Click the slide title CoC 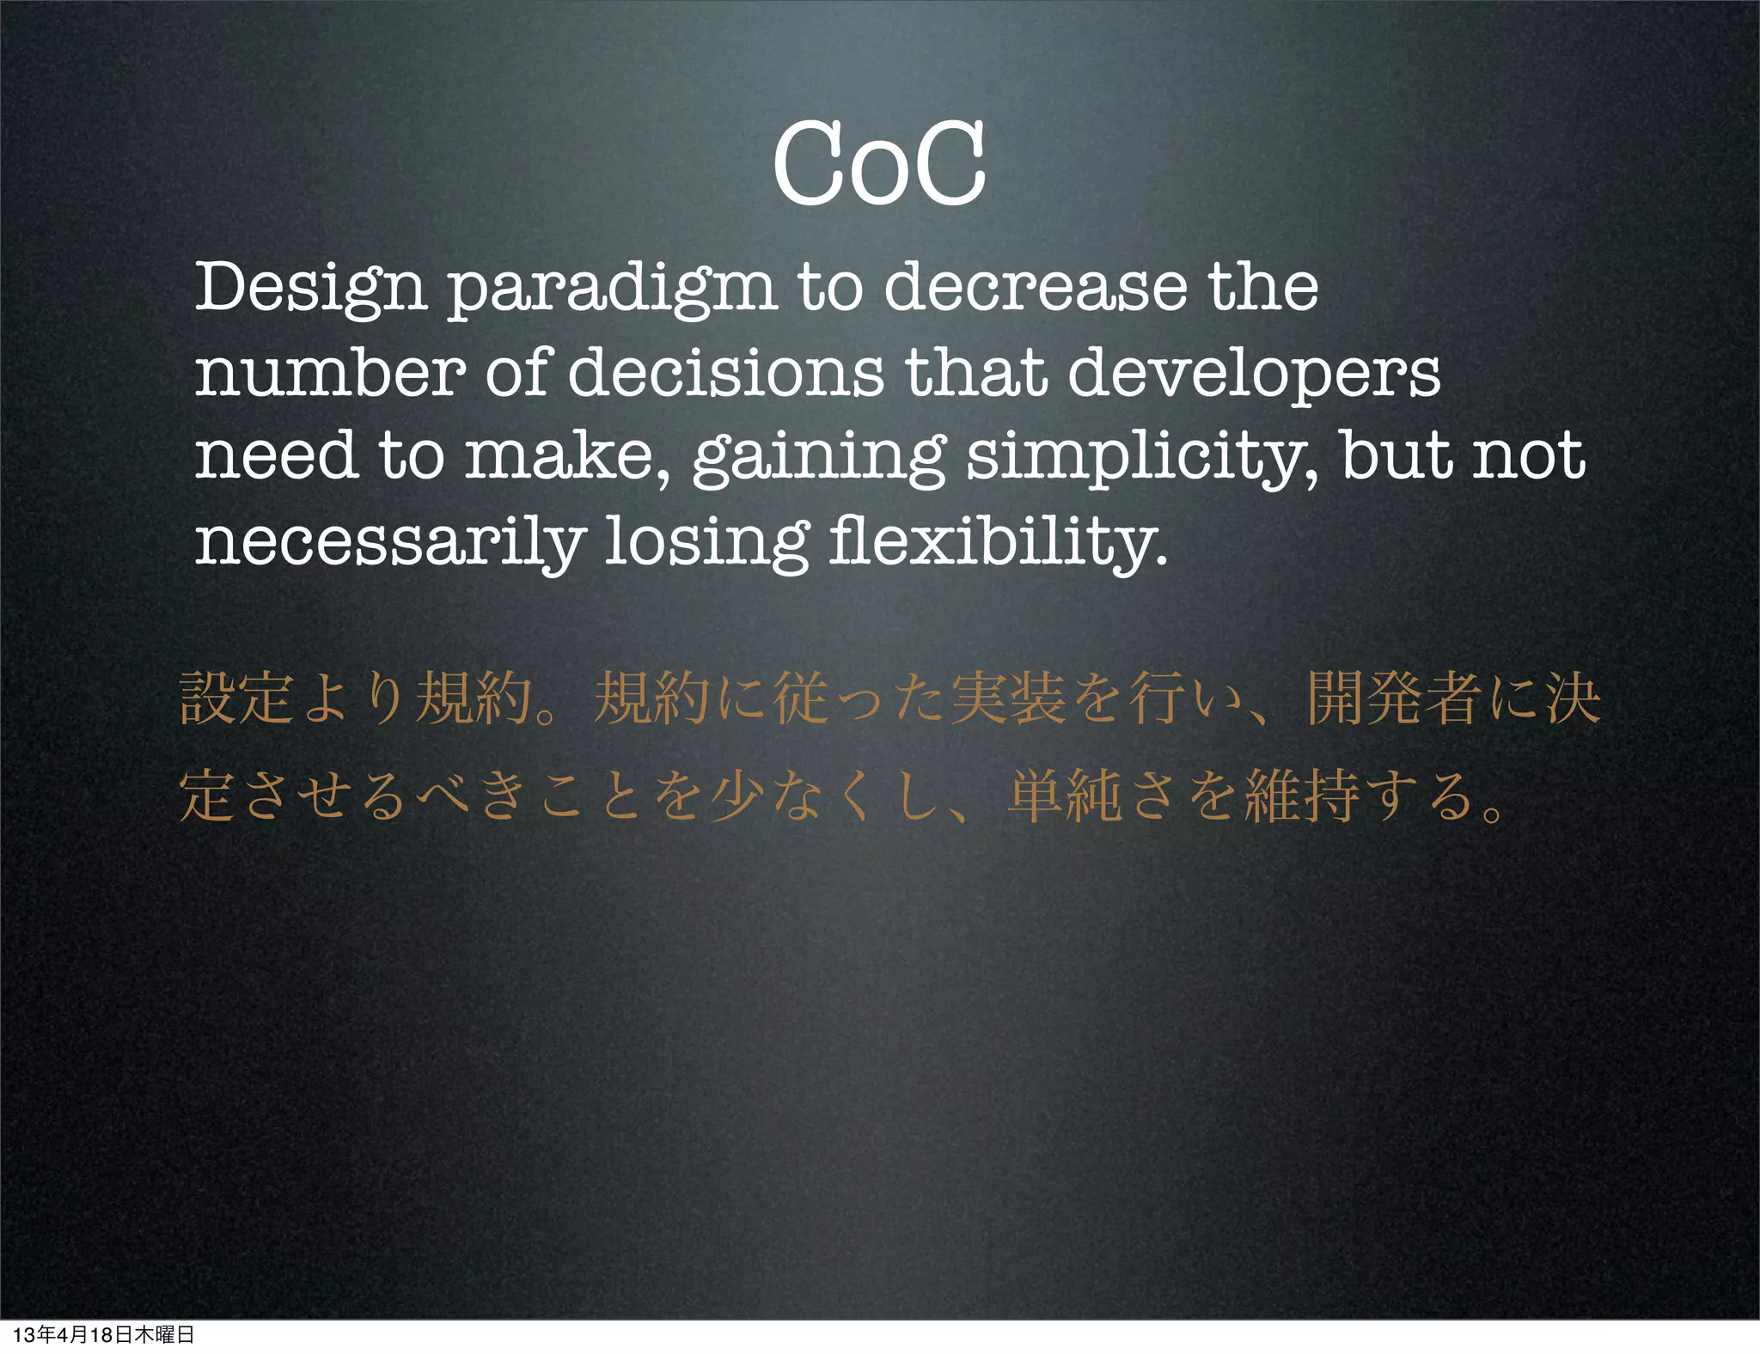[x=878, y=163]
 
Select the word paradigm [x=612, y=289]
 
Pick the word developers [x=1254, y=375]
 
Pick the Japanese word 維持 [x=1301, y=796]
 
